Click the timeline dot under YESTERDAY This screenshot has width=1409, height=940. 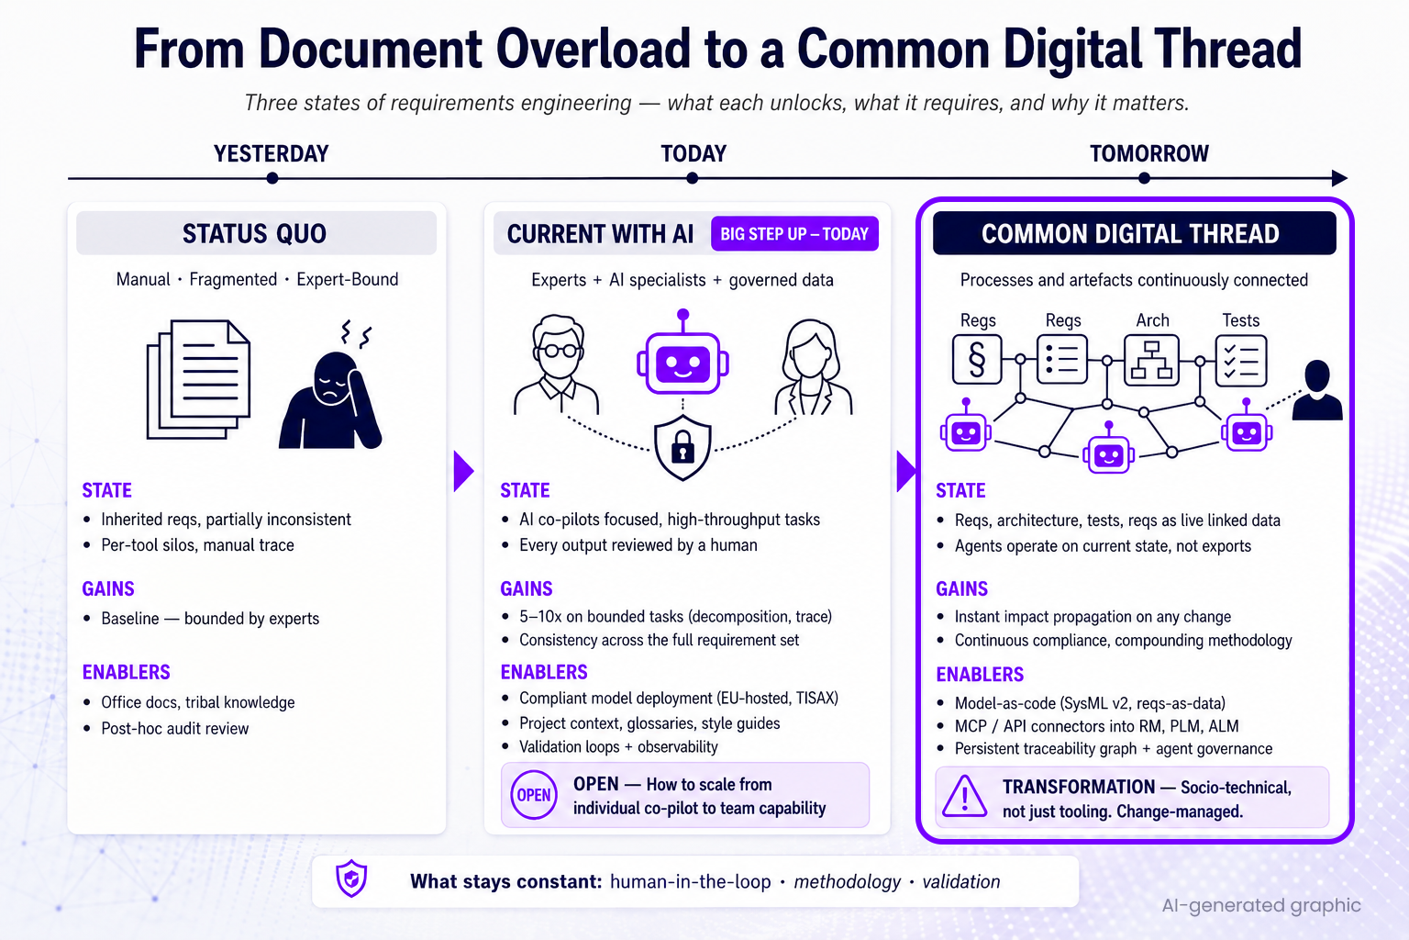tap(272, 178)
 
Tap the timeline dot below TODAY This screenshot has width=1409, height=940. tap(692, 178)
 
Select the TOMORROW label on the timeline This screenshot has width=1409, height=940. tap(1149, 153)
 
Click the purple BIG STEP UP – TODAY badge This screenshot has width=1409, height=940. tap(794, 233)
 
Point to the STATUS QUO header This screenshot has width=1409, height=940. tap(256, 233)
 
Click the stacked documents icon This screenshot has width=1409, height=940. tap(198, 379)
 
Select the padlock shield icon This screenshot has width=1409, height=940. tap(682, 447)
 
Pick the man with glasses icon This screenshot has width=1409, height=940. tap(558, 365)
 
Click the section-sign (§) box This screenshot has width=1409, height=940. tap(977, 360)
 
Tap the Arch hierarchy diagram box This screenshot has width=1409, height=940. tap(1151, 360)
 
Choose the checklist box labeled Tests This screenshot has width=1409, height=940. tap(1240, 360)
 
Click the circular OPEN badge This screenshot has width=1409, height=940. tap(533, 795)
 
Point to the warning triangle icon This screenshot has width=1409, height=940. tap(964, 797)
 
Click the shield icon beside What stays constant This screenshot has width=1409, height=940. tap(351, 878)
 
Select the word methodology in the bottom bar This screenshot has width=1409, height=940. tap(847, 881)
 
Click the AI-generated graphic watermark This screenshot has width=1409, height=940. tap(1261, 905)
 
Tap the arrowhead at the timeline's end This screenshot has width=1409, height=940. tap(1340, 178)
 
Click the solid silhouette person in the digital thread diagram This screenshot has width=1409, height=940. tap(1317, 390)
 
